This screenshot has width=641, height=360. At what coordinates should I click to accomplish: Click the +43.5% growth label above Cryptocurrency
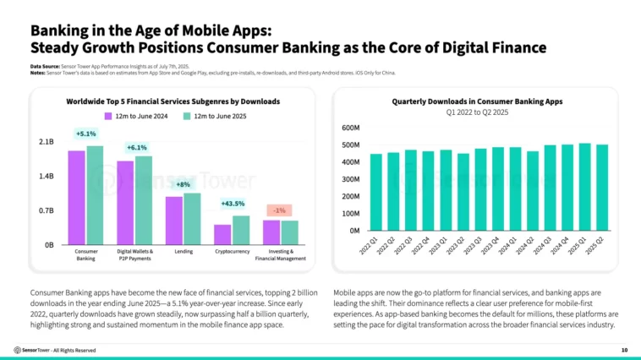[233, 204]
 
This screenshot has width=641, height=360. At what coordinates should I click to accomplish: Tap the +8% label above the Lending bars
[184, 183]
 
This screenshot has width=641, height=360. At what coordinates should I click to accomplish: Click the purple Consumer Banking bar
[76, 197]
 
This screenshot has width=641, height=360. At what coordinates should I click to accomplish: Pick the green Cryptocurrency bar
[241, 230]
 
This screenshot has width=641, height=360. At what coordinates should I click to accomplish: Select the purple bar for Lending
[173, 220]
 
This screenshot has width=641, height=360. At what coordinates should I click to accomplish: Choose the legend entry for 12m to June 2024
[133, 115]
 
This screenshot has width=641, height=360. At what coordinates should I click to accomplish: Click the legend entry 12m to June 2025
[211, 115]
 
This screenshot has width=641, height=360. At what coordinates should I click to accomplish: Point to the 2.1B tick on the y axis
[47, 142]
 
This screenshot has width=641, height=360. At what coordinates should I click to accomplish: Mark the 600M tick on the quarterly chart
[352, 128]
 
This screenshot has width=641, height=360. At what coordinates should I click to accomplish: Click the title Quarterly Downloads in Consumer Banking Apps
[477, 101]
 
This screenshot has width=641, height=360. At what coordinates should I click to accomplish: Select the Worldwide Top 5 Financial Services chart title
[173, 101]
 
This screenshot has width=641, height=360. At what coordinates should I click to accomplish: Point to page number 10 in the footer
[624, 350]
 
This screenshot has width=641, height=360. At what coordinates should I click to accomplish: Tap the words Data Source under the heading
[44, 66]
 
